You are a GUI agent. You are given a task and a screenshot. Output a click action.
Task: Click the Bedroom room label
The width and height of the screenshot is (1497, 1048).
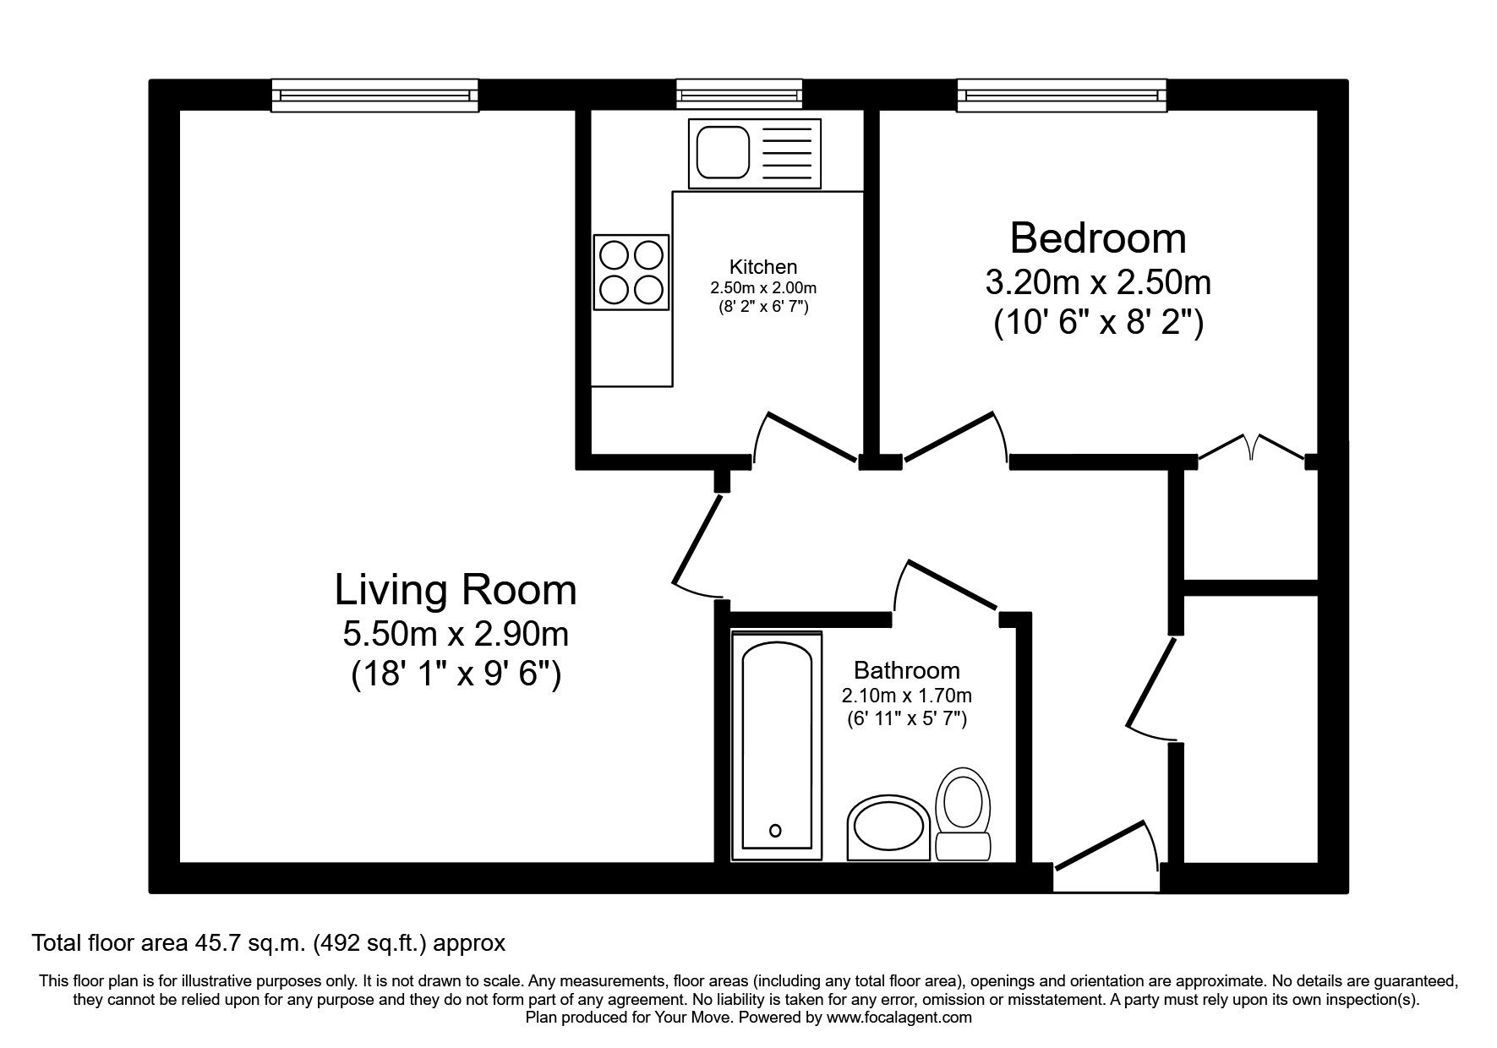click(x=1097, y=238)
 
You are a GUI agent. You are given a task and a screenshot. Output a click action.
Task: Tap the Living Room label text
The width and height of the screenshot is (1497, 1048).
click(x=456, y=590)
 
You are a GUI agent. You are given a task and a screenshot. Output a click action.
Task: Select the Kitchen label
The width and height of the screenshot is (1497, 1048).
click(x=763, y=267)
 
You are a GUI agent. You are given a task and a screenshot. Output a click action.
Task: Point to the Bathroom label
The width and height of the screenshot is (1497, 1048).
click(x=906, y=670)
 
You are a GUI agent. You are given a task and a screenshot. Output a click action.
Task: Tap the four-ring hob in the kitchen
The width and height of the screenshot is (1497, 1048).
click(x=631, y=272)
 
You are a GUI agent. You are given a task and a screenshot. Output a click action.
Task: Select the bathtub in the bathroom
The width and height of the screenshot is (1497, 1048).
click(x=777, y=746)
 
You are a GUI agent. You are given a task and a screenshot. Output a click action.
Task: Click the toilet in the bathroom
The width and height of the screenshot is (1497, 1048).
click(x=963, y=812)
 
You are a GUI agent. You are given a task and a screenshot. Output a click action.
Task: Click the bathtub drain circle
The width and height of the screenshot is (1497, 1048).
click(x=776, y=830)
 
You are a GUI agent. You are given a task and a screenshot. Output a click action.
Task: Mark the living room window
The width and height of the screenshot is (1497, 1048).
click(x=374, y=95)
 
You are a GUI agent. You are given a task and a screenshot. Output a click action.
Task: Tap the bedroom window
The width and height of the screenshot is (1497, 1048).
click(x=1062, y=95)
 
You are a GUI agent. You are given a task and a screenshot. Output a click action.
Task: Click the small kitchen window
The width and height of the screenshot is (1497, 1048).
click(x=739, y=94)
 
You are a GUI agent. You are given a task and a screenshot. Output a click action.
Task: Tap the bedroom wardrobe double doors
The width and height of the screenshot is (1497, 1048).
click(x=1253, y=448)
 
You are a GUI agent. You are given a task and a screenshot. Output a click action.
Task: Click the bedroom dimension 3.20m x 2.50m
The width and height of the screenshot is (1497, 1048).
click(x=1097, y=282)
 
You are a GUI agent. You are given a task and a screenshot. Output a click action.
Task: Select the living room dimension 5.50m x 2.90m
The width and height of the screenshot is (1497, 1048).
click(x=456, y=633)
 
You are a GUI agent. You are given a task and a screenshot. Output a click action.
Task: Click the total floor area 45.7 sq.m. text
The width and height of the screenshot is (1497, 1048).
click(x=268, y=942)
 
